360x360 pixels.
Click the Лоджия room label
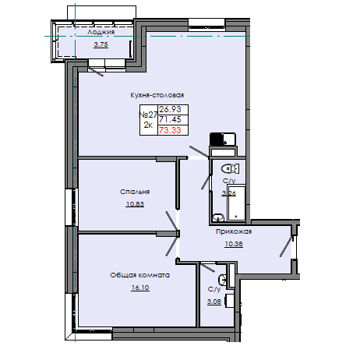102,33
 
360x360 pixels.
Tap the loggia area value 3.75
101,44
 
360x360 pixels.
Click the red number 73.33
171,131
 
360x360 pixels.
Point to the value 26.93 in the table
171,109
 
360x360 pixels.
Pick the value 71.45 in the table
171,120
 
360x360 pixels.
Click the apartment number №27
147,115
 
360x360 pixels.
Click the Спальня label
135,191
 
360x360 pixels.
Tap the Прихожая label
234,231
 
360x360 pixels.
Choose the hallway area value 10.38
235,244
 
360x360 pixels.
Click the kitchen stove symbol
221,140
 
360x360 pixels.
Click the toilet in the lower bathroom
223,278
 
